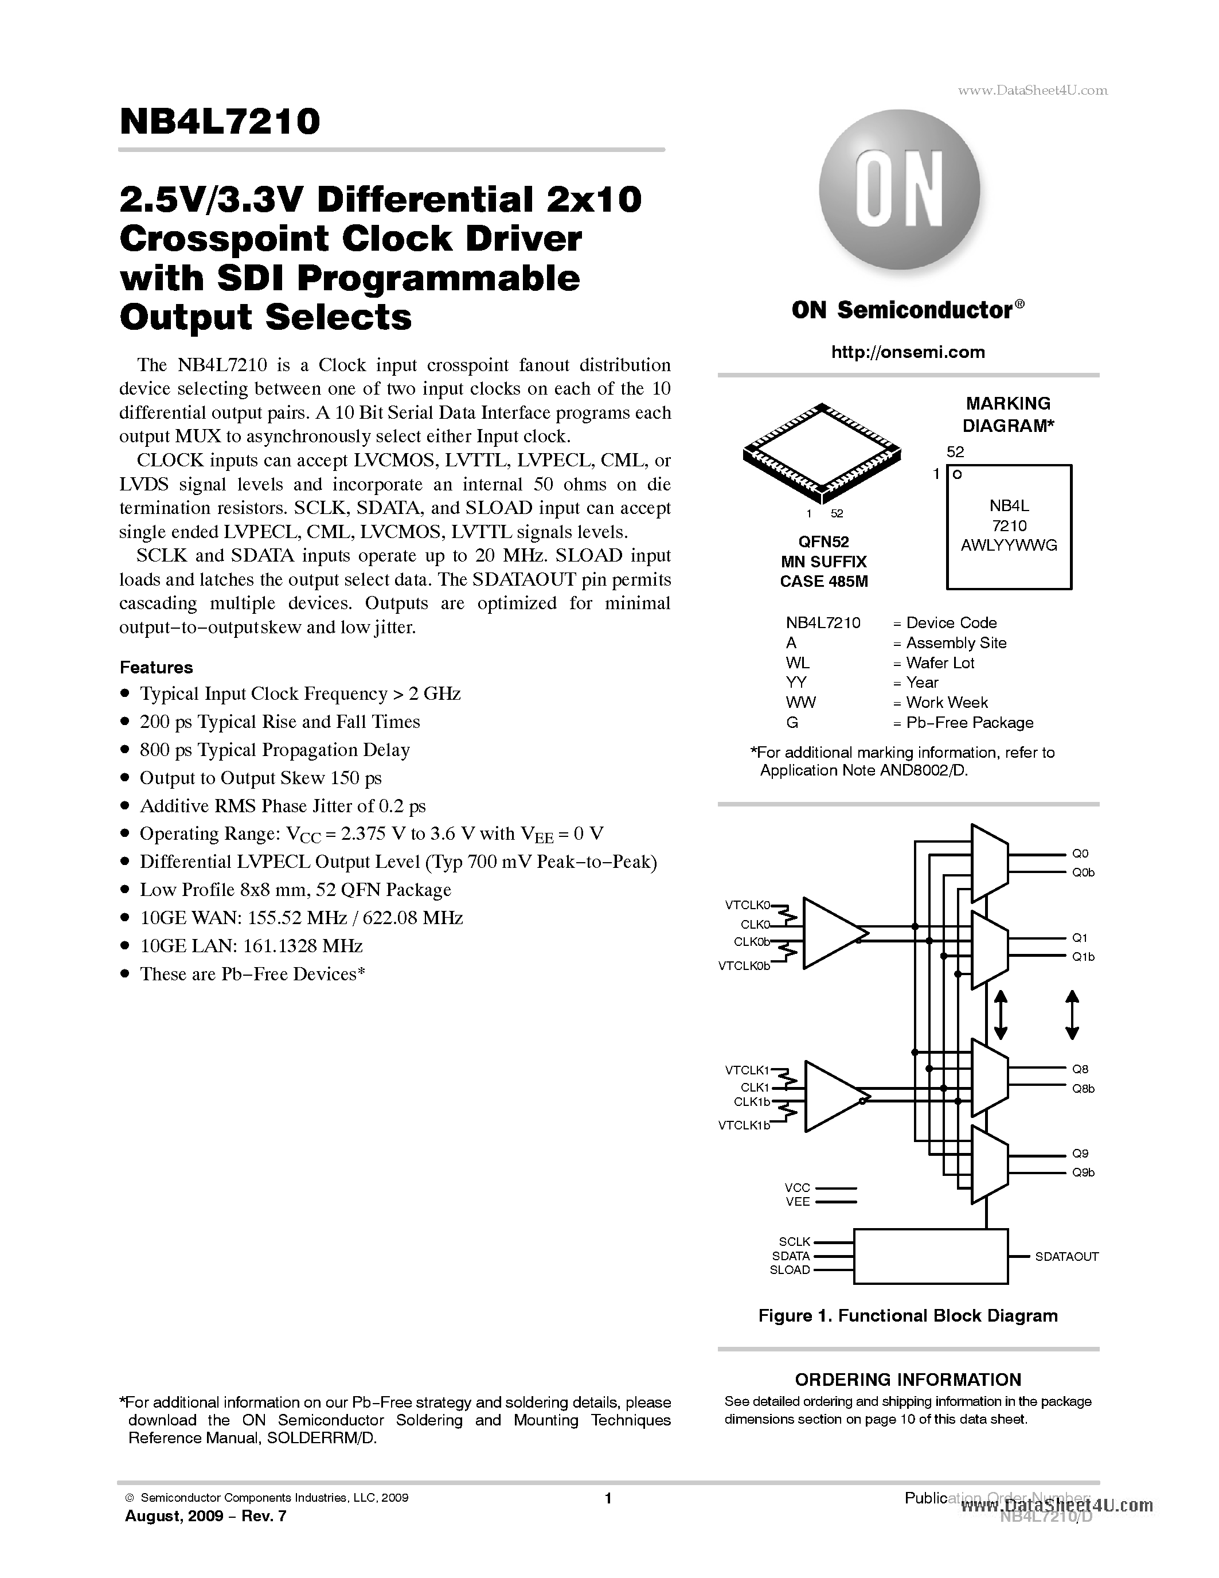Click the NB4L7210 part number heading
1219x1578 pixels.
tap(220, 122)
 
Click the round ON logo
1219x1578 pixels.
tap(899, 189)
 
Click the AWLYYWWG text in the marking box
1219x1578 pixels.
tap(1008, 546)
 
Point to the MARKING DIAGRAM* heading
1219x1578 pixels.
tap(1008, 414)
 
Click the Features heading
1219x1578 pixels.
tap(156, 667)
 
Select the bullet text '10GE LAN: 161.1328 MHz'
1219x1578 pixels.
tap(251, 946)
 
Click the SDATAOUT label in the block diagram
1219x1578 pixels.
tap(1066, 1256)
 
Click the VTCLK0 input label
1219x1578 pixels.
tap(747, 905)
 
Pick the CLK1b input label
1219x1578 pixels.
tap(751, 1102)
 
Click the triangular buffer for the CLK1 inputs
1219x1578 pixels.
tap(830, 1096)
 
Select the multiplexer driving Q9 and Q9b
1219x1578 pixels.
tap(989, 1163)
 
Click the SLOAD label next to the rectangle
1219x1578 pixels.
tap(790, 1269)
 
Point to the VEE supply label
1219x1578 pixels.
tap(797, 1202)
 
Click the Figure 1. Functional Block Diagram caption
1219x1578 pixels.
tap(908, 1316)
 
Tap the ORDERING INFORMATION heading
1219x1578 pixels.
tap(908, 1380)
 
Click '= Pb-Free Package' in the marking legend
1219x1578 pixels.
tap(963, 723)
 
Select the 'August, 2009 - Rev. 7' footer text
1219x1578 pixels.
tap(205, 1516)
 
